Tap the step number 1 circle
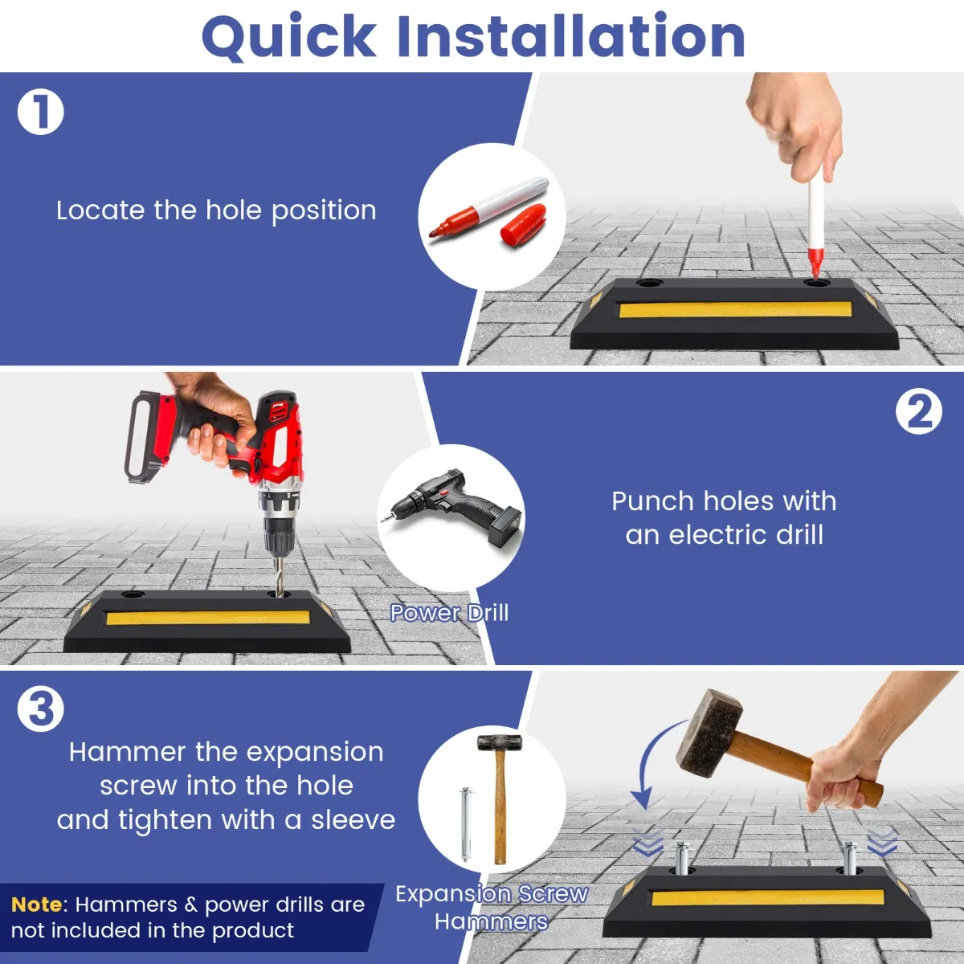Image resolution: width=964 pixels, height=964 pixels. [x=40, y=112]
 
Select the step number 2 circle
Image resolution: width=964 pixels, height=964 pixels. [x=918, y=412]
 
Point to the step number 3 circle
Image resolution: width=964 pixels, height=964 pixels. [x=40, y=709]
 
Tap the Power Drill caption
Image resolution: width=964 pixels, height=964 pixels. [x=449, y=613]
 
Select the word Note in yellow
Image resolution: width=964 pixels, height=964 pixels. [x=36, y=904]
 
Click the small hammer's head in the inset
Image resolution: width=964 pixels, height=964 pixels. [x=499, y=743]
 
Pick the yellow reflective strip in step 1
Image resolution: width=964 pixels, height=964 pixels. [x=735, y=309]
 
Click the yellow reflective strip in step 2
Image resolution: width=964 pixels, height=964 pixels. [x=207, y=617]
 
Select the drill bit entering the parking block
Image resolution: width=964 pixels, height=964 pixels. [x=278, y=575]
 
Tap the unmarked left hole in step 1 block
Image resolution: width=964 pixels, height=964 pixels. [x=649, y=284]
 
